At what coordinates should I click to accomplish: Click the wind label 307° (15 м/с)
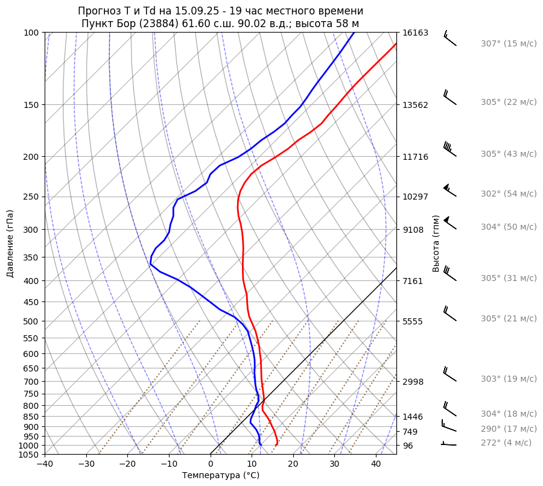(508, 43)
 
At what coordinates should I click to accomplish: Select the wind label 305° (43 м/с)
(508, 154)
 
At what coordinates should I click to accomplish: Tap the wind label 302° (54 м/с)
(508, 194)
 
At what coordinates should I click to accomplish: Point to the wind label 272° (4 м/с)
(506, 443)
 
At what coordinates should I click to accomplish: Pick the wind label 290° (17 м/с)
(508, 429)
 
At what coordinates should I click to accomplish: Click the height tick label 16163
(415, 33)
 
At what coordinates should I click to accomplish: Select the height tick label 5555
(413, 321)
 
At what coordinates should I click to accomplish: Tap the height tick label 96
(408, 446)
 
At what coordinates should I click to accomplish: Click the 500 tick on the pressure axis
(31, 321)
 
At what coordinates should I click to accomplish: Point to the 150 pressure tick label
(31, 105)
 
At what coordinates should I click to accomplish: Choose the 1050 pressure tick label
(29, 455)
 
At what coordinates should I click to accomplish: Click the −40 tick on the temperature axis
(45, 464)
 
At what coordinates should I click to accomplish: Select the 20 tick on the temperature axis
(293, 464)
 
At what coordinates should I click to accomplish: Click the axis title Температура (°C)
(221, 476)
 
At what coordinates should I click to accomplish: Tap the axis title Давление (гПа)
(10, 244)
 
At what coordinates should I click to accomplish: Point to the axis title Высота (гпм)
(436, 244)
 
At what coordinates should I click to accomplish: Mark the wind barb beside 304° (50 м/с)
(449, 223)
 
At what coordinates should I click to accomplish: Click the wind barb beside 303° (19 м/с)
(449, 374)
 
